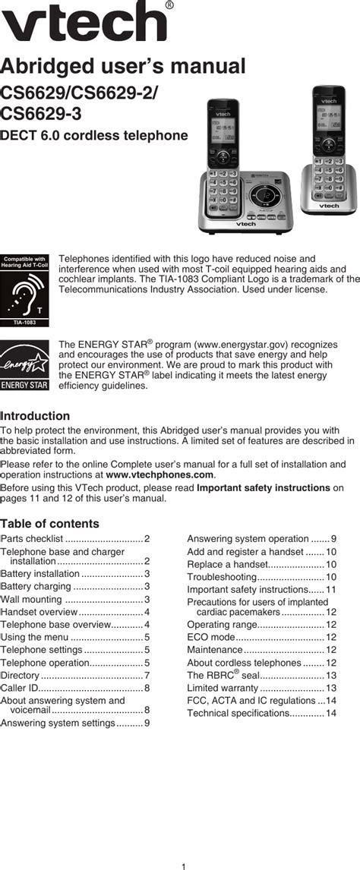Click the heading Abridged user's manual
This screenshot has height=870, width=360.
(123, 66)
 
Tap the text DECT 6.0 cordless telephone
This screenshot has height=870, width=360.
(94, 135)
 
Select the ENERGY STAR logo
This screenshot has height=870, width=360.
(25, 365)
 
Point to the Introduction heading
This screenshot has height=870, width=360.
(36, 416)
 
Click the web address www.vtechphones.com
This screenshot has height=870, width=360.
(159, 474)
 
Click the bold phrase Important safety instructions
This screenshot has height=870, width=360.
(263, 487)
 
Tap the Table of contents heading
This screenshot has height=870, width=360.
(50, 524)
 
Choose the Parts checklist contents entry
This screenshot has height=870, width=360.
(75, 539)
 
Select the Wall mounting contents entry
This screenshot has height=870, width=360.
(75, 600)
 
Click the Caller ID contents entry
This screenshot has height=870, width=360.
(75, 688)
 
